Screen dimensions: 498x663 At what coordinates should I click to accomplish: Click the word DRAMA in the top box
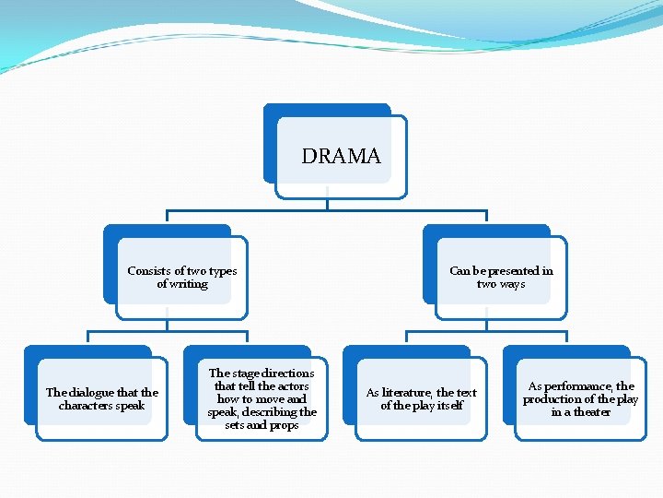pos(341,157)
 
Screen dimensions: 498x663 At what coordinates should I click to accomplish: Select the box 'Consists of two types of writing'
pos(181,278)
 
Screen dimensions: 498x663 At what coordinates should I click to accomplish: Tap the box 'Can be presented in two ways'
pos(501,278)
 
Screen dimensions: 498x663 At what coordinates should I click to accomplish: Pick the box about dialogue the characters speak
pos(102,398)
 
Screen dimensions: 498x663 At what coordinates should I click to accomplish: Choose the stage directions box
pos(262,398)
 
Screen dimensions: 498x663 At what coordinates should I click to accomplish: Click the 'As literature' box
pos(421,398)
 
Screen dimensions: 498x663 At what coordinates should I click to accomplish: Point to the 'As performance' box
pos(580,398)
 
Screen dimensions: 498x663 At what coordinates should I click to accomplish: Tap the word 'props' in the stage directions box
pos(285,425)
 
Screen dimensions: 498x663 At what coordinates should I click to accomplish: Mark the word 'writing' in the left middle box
pos(189,284)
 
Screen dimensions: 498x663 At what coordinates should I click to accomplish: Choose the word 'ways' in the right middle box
pos(513,284)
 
